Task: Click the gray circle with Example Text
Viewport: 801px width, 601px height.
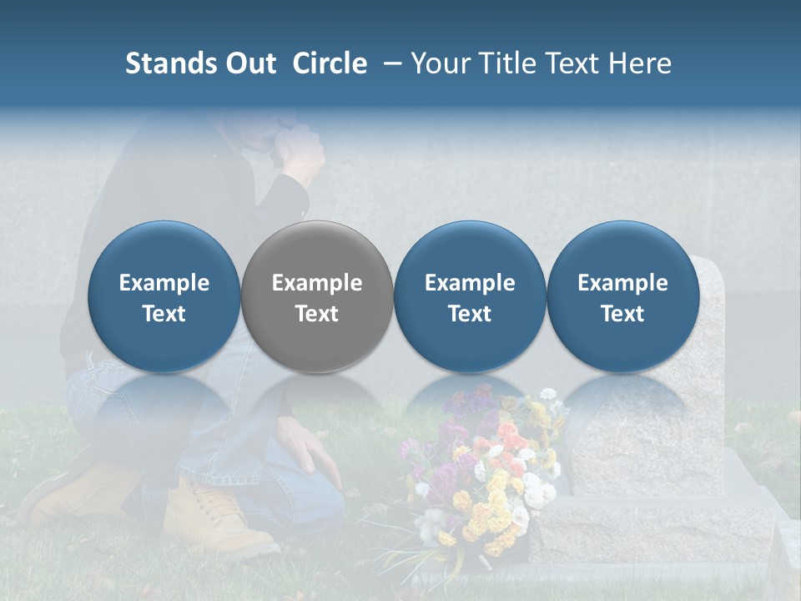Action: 317,297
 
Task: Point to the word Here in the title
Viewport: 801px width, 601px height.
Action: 642,63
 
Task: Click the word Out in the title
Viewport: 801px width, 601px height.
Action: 247,63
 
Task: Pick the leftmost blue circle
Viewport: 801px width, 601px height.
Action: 164,297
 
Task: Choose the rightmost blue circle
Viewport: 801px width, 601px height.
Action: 622,297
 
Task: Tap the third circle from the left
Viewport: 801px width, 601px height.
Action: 470,297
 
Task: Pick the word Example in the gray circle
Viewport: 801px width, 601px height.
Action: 317,283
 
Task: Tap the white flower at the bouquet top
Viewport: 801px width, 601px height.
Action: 547,394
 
